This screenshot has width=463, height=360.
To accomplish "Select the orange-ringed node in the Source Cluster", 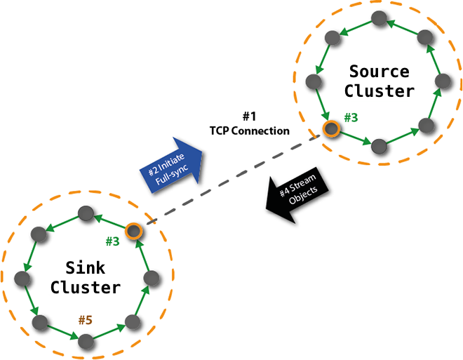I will (330, 129).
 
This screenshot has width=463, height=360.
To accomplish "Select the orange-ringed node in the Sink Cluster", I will (133, 231).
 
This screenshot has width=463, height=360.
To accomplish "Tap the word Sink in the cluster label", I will (86, 267).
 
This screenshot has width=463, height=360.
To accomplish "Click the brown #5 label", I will (86, 321).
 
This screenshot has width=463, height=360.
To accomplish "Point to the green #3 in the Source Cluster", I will (350, 117).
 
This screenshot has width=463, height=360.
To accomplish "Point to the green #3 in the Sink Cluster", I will (112, 242).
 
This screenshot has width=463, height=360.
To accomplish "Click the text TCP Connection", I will (249, 131).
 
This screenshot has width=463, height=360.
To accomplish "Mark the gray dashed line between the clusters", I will (231, 180).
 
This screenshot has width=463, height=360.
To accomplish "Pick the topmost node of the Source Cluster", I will (379, 20).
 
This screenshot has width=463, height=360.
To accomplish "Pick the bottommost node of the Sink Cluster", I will (86, 341).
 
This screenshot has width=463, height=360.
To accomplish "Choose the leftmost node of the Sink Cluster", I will (22, 279).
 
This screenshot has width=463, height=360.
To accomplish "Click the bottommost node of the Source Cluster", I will (379, 147).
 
